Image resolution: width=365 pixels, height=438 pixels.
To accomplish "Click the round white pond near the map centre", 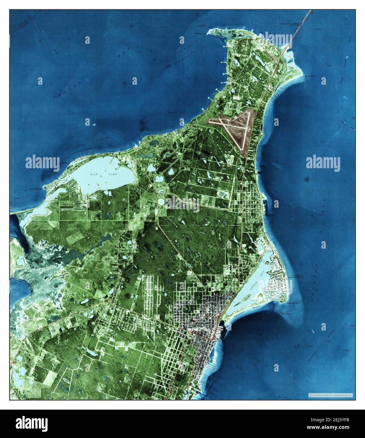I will coord(162,201).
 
